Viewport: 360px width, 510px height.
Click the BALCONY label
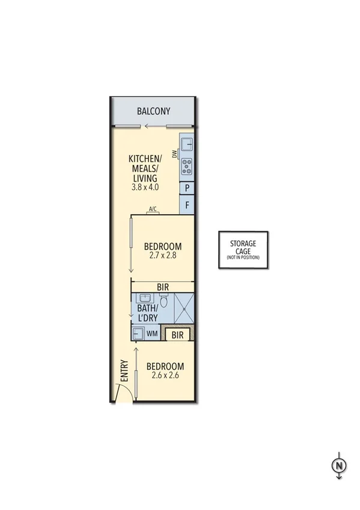pyautogui.click(x=153, y=111)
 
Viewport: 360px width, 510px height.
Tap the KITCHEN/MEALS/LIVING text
pyautogui.click(x=144, y=169)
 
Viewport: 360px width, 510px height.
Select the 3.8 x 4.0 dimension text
pyautogui.click(x=144, y=188)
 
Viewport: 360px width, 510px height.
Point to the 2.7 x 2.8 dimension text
pyautogui.click(x=162, y=256)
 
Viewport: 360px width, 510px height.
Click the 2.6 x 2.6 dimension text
pyautogui.click(x=165, y=376)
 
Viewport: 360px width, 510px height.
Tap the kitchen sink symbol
pyautogui.click(x=187, y=144)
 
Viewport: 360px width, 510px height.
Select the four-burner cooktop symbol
pyautogui.click(x=187, y=166)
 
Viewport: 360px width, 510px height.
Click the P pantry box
pyautogui.click(x=188, y=188)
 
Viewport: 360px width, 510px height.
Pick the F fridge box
pyautogui.click(x=188, y=206)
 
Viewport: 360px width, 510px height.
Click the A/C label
pyautogui.click(x=153, y=209)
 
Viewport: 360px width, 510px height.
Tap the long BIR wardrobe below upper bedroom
pyautogui.click(x=162, y=287)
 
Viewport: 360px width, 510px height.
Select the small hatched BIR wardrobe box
pyautogui.click(x=177, y=334)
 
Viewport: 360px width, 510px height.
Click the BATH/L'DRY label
pyautogui.click(x=152, y=312)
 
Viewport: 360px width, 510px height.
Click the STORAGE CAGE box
pyautogui.click(x=243, y=248)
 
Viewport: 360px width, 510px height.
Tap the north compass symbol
pyautogui.click(x=340, y=465)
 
